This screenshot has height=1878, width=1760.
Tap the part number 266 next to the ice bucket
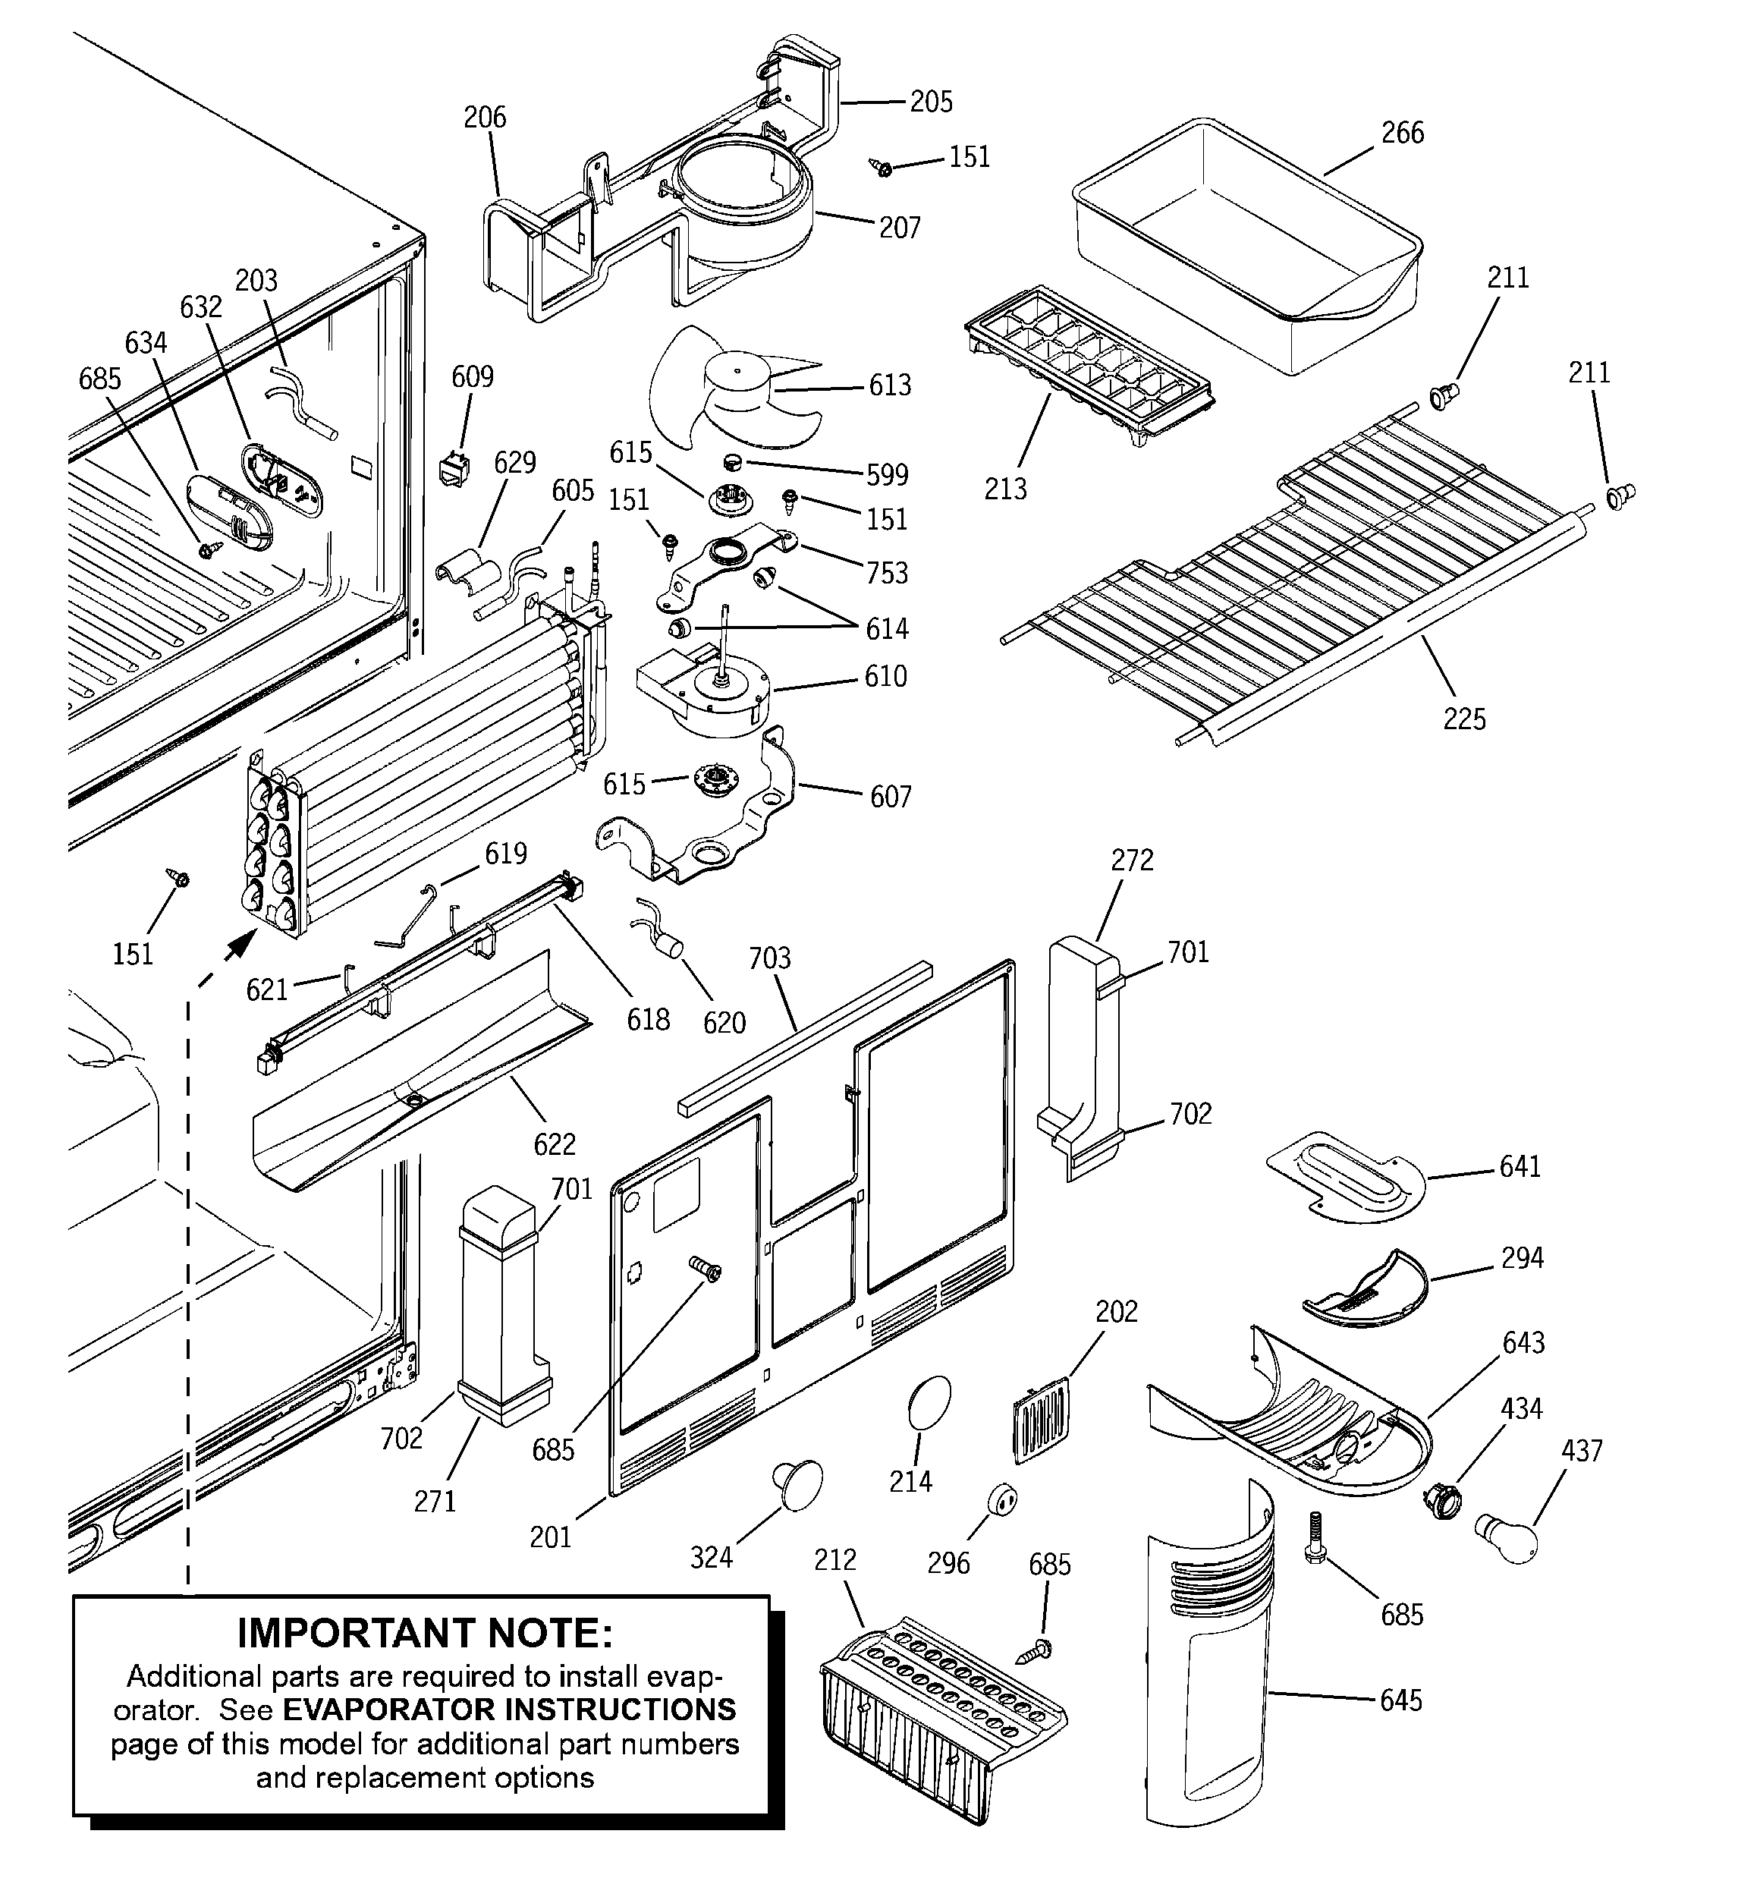click(x=1402, y=134)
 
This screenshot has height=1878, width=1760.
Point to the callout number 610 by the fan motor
click(x=885, y=676)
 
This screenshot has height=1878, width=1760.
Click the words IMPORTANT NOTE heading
click(x=424, y=1632)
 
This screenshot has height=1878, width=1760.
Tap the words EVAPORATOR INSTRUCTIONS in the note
click(x=509, y=1710)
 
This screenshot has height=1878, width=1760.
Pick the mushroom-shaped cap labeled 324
click(x=797, y=1484)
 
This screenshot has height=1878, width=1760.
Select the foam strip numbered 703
click(x=803, y=1034)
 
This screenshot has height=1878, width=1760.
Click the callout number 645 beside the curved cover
click(x=1400, y=1700)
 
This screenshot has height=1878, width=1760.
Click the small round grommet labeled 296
click(x=1001, y=1499)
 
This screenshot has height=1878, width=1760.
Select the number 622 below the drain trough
click(x=554, y=1145)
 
